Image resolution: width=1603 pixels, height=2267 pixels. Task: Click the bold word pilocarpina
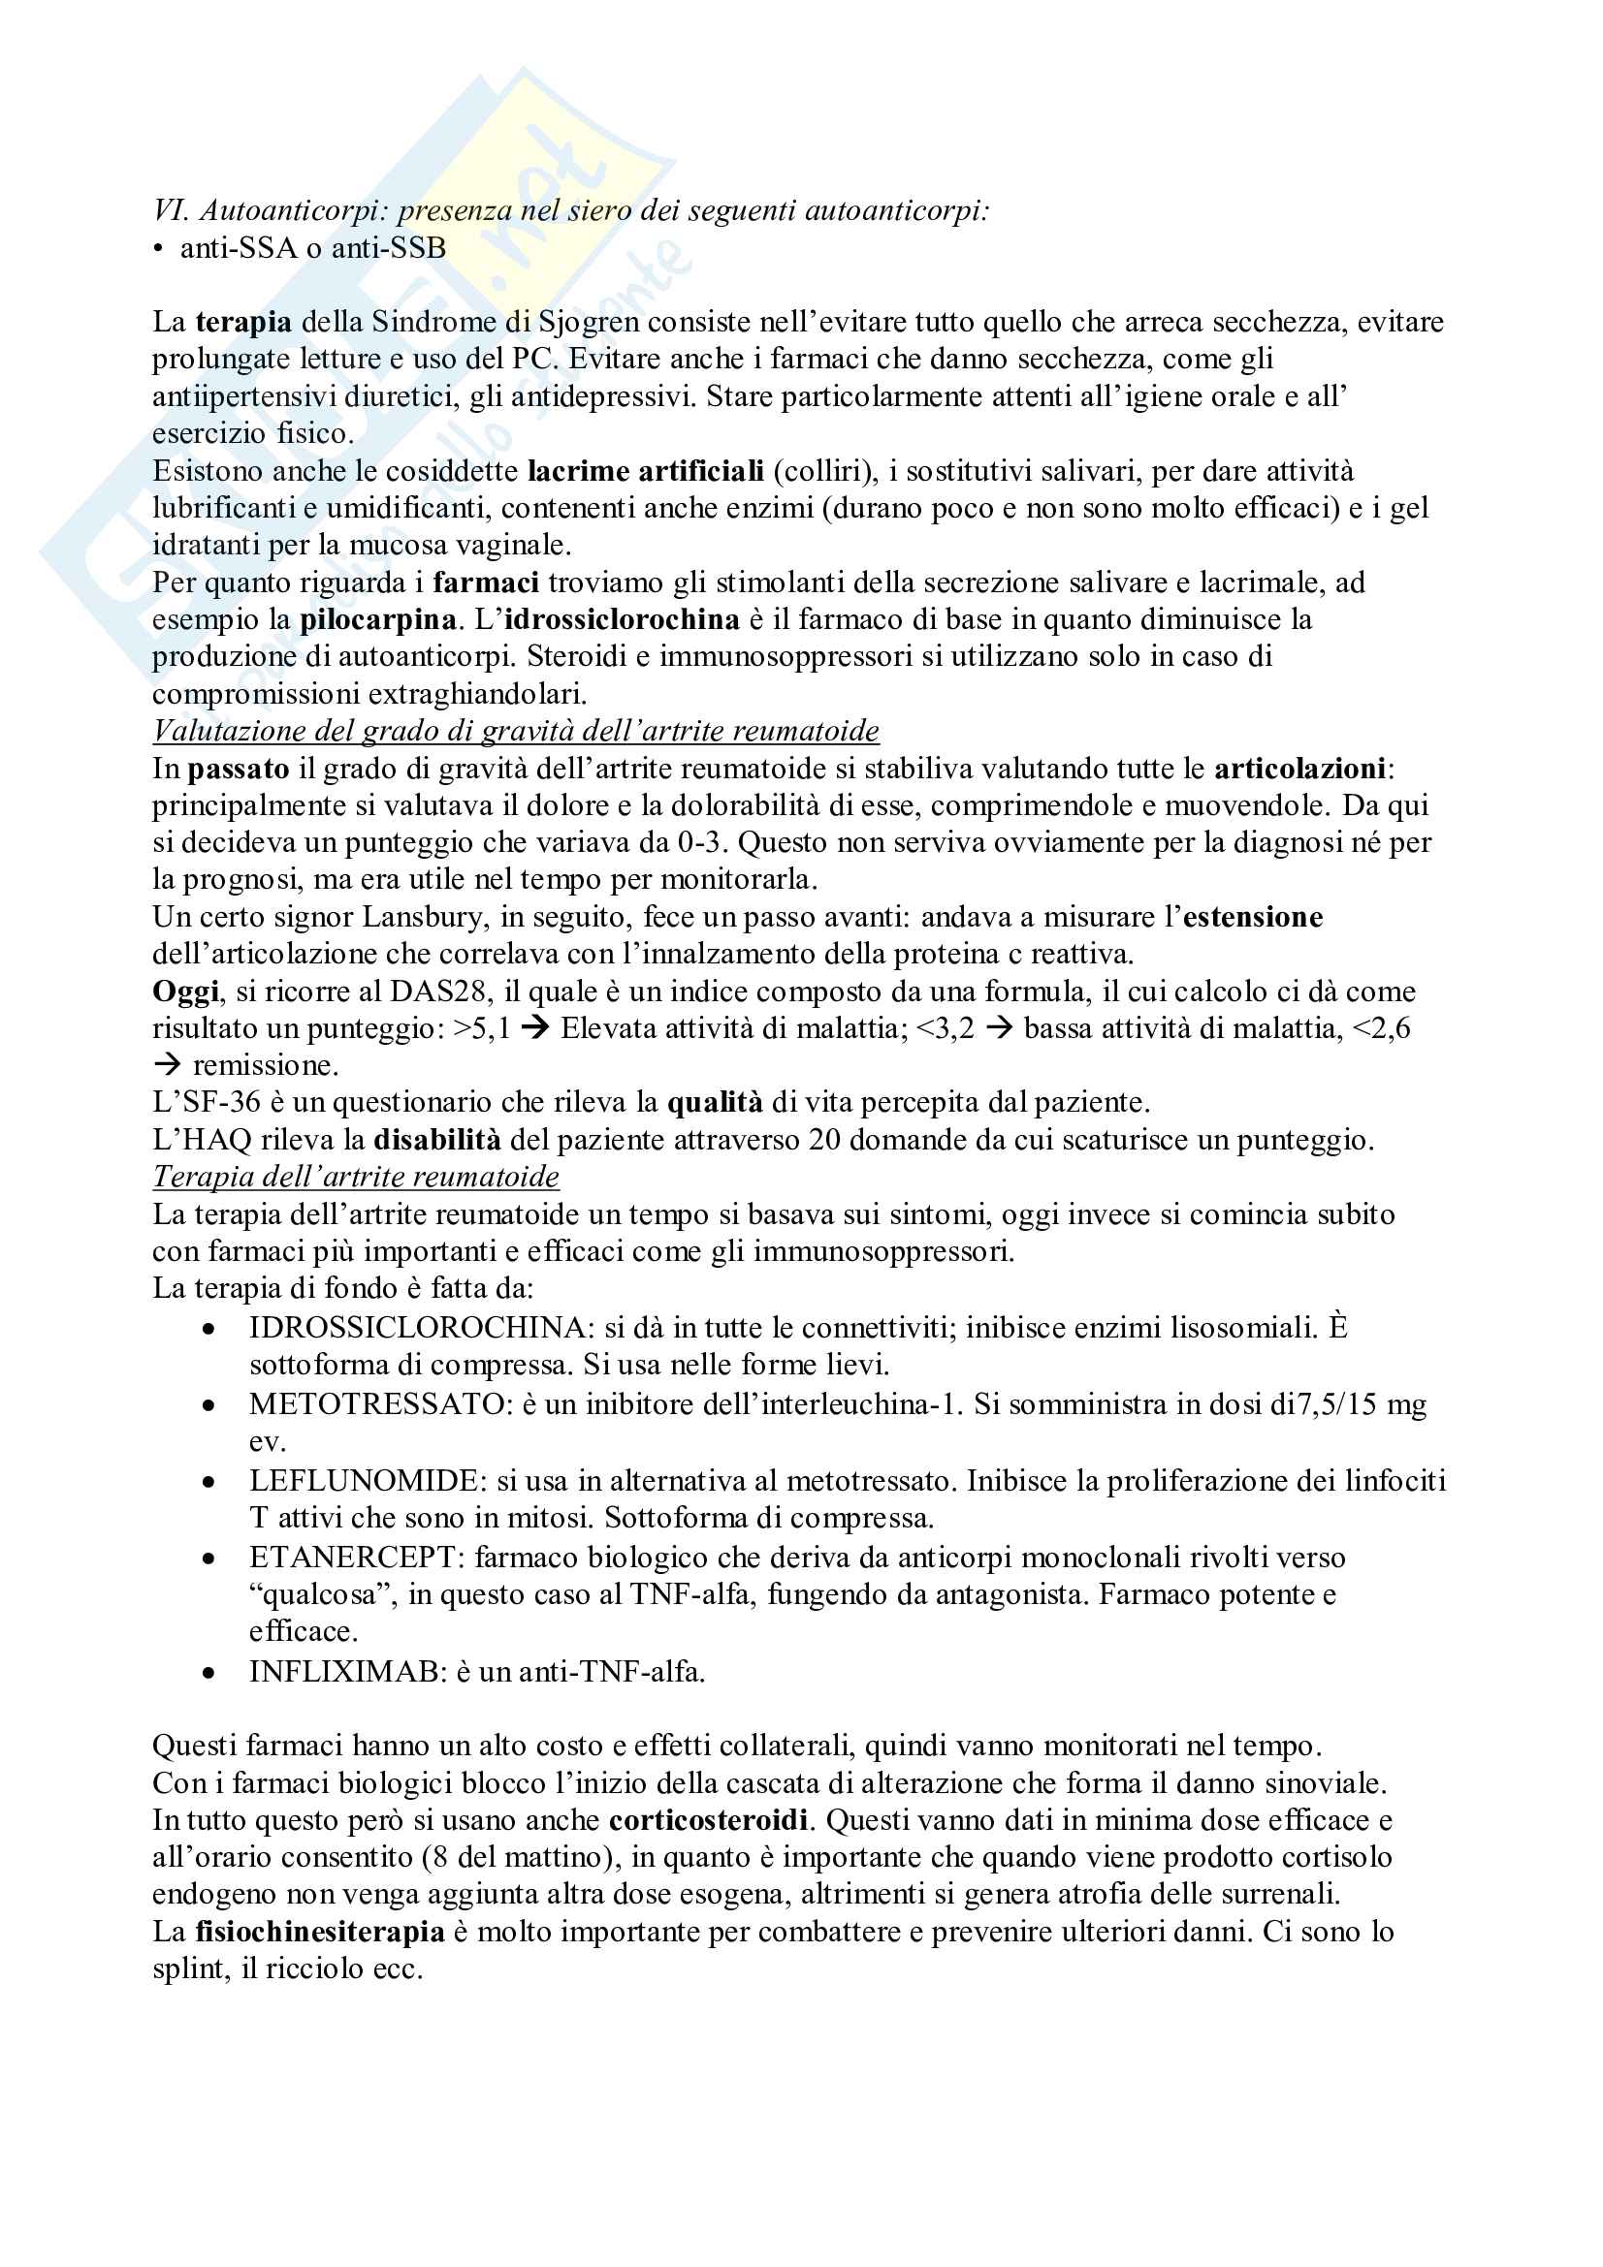click(x=378, y=620)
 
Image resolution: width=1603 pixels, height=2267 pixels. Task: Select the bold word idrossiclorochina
click(x=622, y=620)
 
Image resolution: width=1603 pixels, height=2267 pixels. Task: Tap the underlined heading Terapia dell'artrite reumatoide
click(x=356, y=1177)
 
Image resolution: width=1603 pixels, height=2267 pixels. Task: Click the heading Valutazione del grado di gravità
click(x=516, y=731)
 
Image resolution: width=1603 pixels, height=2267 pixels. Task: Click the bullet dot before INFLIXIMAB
click(x=208, y=1674)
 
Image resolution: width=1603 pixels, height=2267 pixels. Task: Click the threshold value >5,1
click(x=482, y=1029)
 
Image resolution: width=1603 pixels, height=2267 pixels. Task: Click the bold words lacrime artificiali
click(x=646, y=471)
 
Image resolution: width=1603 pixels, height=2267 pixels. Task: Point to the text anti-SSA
click(x=238, y=248)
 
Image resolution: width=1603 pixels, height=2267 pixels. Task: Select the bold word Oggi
click(x=184, y=992)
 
